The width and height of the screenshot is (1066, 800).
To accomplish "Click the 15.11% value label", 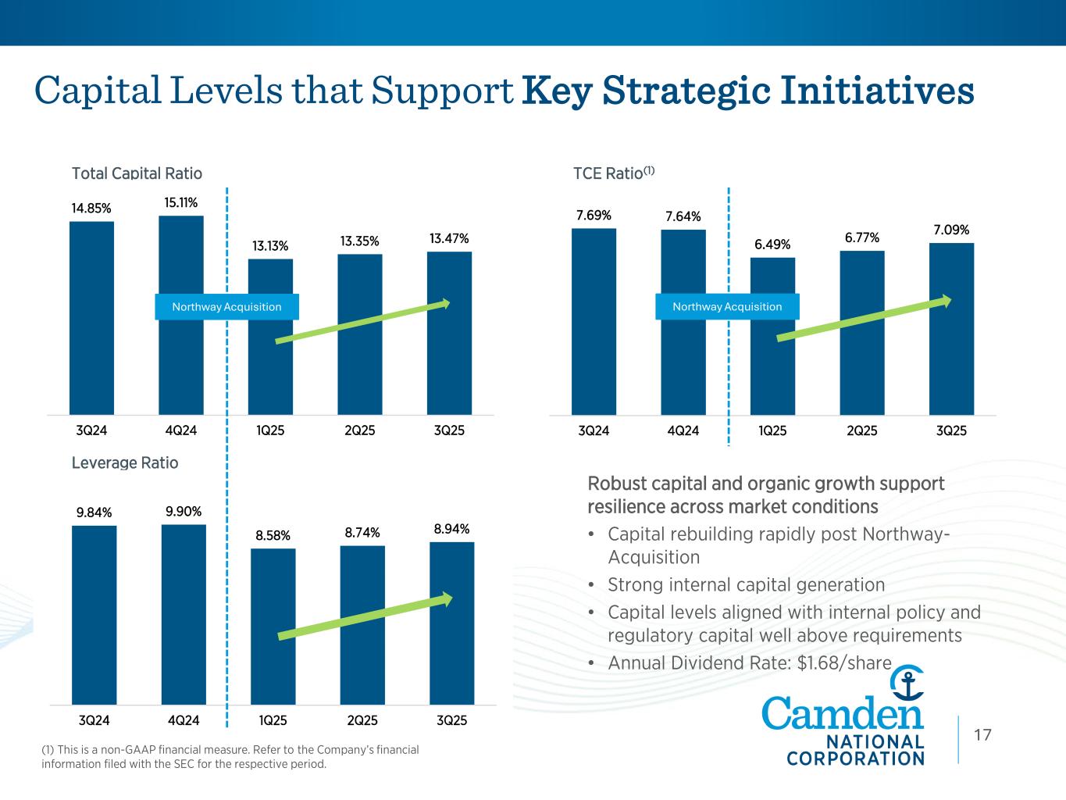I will pos(180,203).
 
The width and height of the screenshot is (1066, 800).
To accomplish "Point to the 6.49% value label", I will pos(772,245).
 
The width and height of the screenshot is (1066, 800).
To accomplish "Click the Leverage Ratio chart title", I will pos(125,463).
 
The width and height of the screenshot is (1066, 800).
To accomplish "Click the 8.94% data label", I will pos(451,530).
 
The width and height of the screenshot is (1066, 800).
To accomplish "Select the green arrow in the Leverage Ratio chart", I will pos(365,617).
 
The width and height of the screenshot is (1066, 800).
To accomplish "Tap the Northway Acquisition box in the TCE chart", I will pos(727,306).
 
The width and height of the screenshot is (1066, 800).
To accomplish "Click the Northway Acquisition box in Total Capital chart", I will pos(226,306).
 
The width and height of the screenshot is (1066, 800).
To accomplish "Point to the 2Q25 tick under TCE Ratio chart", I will pos(862,430).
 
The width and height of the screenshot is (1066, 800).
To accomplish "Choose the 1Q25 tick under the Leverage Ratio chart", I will pos(273,720).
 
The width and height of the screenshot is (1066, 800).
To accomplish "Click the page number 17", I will pos(982,734).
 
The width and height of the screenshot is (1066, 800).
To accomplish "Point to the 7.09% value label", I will pos(951,230).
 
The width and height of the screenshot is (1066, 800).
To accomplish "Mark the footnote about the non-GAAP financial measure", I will pos(230,756).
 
